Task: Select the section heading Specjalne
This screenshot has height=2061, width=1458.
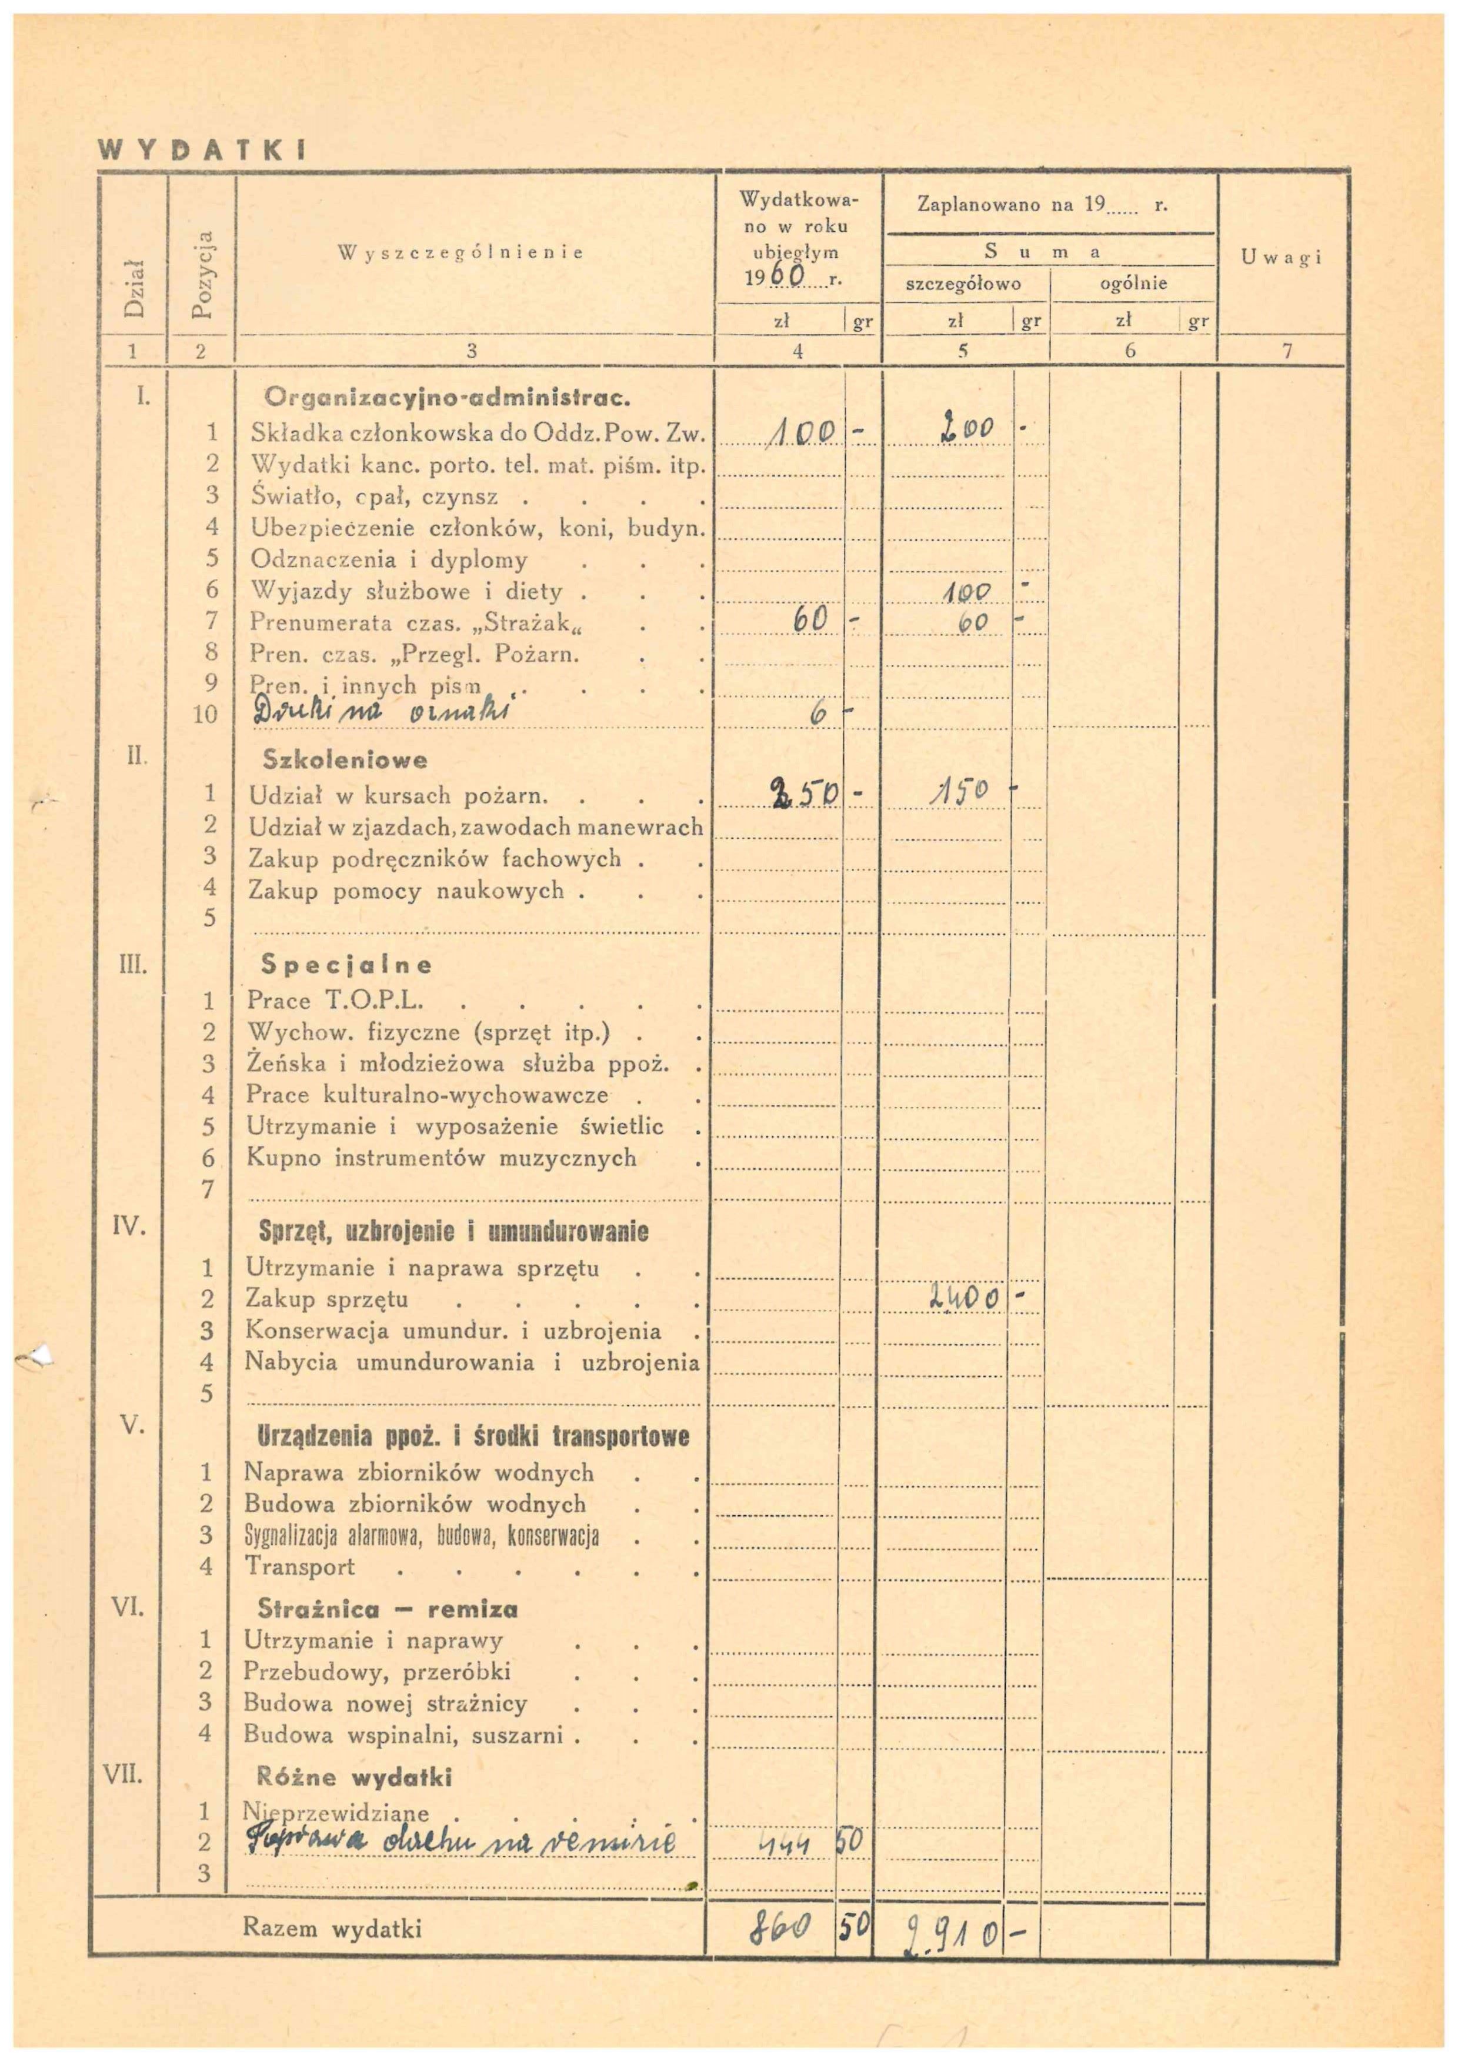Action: tap(346, 965)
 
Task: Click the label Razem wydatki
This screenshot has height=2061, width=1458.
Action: tap(331, 1928)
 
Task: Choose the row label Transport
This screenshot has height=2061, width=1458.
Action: tap(300, 1566)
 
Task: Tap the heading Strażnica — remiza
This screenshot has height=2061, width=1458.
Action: tap(387, 1609)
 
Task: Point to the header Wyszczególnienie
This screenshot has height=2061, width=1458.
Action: tap(461, 252)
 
